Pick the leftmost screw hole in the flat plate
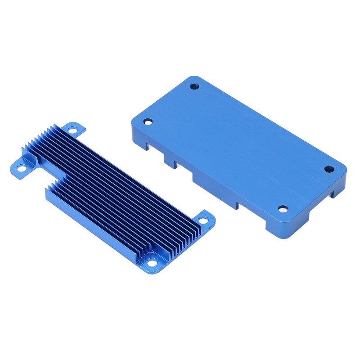coord(148,121)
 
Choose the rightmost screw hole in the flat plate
coord(329,169)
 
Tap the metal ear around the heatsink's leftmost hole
coord(20,169)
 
